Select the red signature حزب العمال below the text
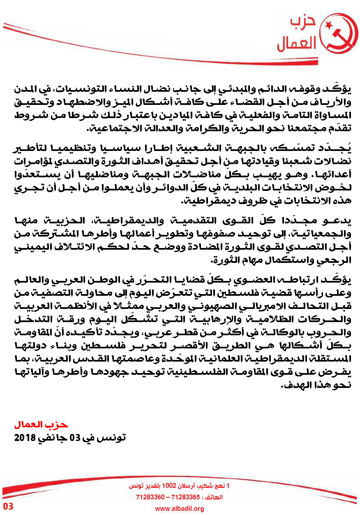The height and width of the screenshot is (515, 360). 41,424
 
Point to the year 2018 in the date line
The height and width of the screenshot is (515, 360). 23,438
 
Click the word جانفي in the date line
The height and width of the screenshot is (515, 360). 51,438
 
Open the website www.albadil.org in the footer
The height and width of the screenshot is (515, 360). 179,509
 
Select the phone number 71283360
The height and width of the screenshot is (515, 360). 149,497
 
